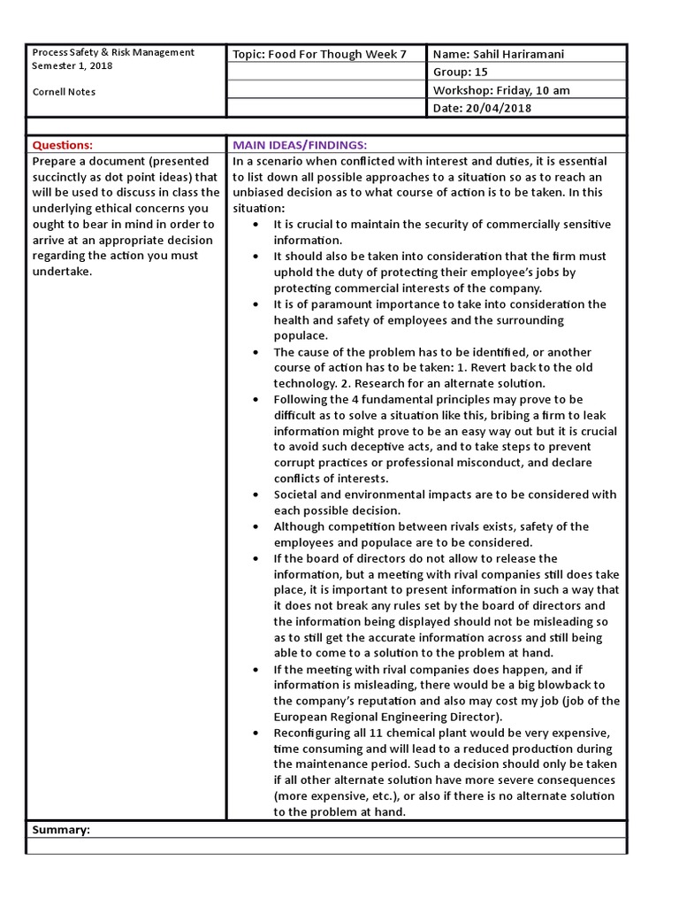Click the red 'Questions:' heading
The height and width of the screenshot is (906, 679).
(62, 145)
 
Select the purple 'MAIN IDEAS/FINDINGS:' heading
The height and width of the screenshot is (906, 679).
(299, 145)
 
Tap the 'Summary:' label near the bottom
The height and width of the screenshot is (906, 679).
(61, 830)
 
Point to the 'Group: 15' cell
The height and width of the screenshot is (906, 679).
(460, 73)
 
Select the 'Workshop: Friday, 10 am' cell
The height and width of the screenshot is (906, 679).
(500, 90)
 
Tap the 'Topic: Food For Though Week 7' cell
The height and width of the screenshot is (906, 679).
(319, 54)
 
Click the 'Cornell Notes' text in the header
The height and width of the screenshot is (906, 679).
(64, 92)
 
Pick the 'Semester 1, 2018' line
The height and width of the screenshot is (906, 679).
(72, 65)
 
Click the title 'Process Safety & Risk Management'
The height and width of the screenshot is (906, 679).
(113, 52)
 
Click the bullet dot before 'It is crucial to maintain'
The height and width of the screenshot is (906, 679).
(256, 225)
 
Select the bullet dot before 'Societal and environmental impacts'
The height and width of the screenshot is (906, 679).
(256, 495)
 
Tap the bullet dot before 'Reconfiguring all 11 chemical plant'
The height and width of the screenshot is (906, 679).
(256, 734)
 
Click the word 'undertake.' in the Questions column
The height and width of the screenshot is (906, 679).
(61, 272)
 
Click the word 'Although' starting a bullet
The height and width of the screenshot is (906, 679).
(298, 526)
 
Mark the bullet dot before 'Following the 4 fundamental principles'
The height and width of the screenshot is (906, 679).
(256, 400)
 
